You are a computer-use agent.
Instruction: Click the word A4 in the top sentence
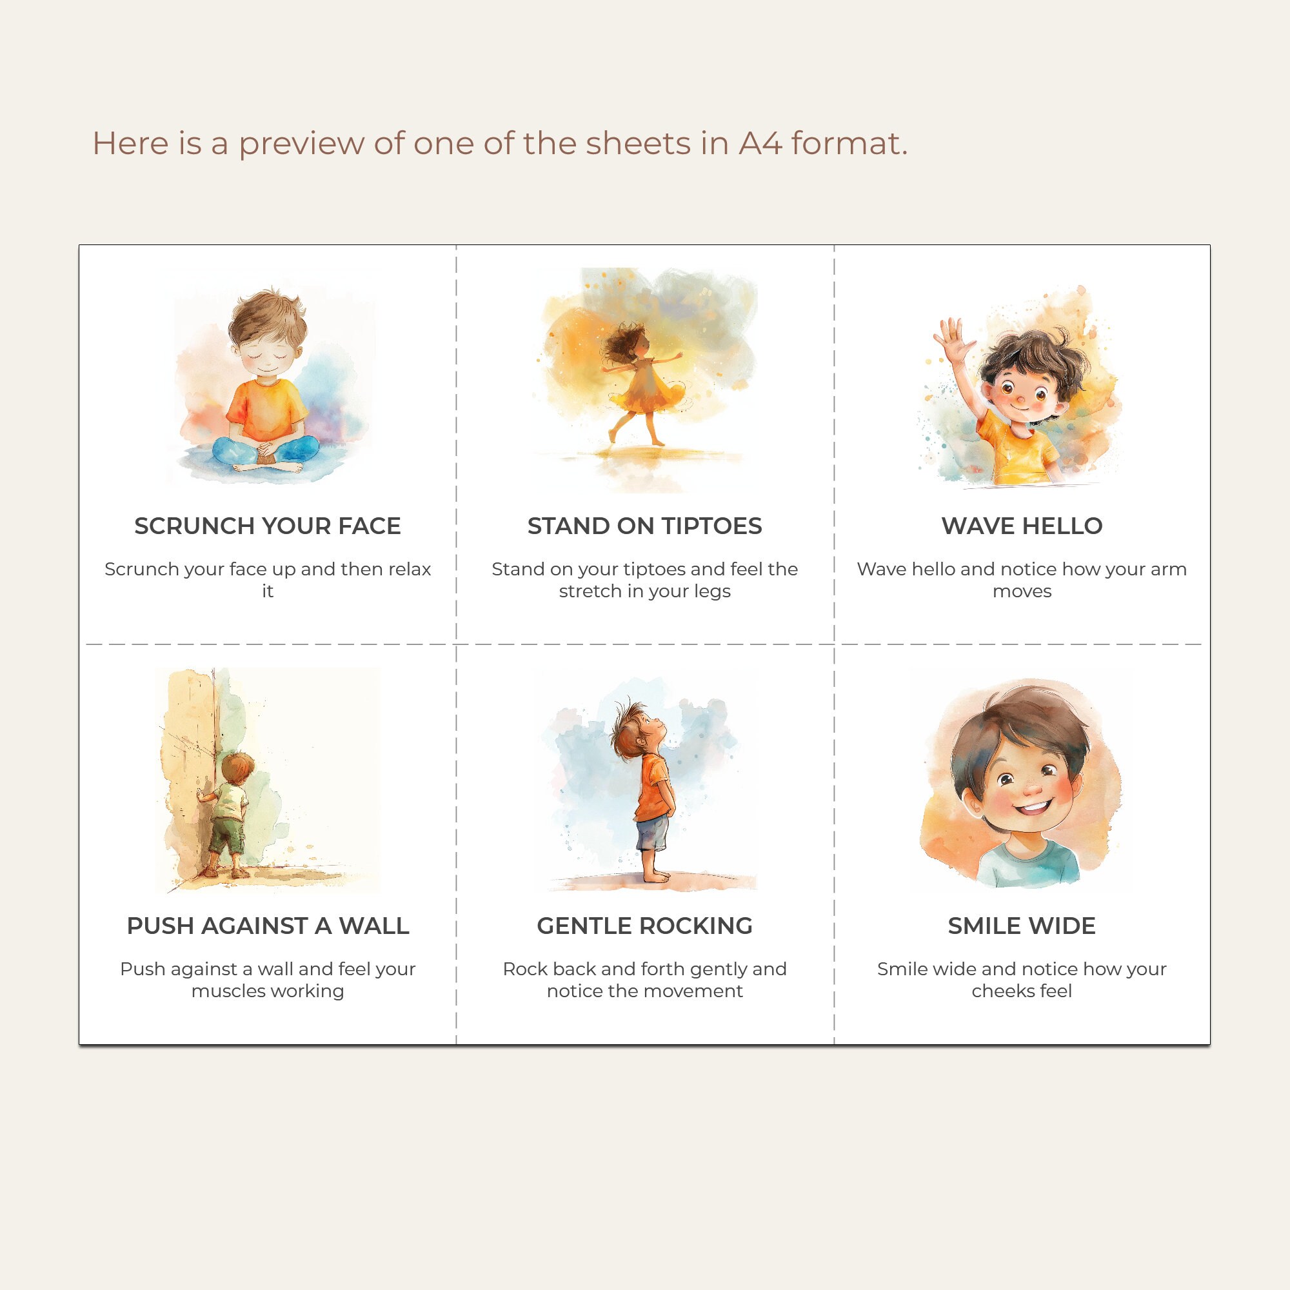[760, 144]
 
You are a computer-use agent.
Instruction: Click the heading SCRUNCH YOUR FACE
[267, 526]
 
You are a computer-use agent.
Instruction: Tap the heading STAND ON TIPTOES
[644, 526]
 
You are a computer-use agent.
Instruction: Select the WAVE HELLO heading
[1022, 526]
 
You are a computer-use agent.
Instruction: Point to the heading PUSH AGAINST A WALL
[267, 926]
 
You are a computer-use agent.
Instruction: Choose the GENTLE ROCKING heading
[644, 926]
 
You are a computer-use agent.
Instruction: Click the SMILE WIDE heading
[1022, 926]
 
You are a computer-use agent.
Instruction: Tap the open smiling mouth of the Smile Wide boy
[1035, 809]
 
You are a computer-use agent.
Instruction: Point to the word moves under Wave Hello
[1022, 591]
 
